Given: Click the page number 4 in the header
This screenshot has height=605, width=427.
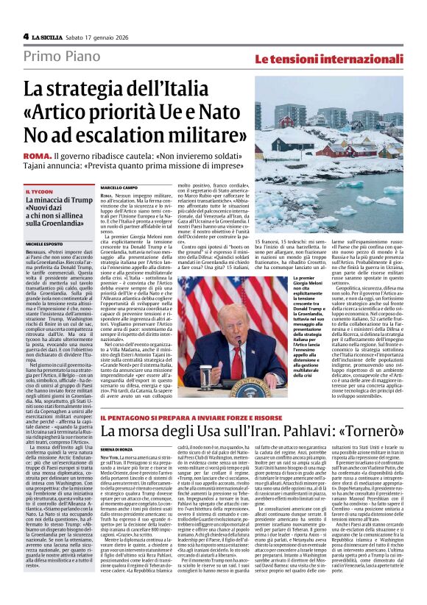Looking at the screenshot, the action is pos(26,36).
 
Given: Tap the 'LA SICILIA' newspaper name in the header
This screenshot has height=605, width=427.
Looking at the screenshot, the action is pos(52,36).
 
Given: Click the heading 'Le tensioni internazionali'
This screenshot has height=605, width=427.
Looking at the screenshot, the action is pos(336,58).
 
